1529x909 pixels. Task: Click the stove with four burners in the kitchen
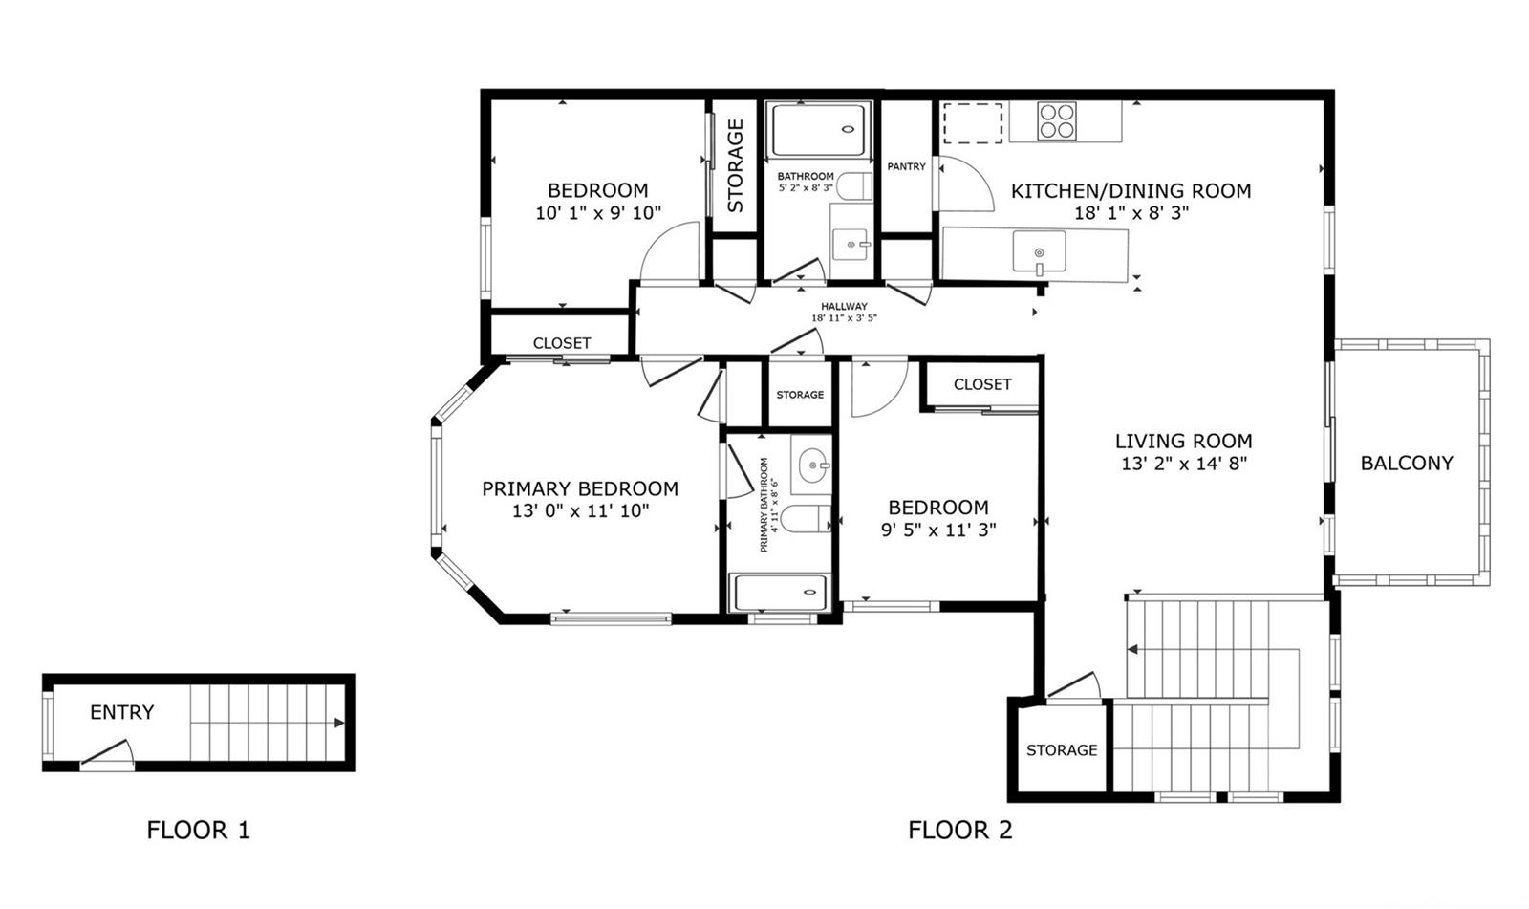1057,120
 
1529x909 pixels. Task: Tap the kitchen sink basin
1039,251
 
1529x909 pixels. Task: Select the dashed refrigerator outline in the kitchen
973,123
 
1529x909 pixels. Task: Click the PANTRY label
907,166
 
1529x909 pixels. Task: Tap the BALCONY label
1407,463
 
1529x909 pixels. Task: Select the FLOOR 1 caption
198,830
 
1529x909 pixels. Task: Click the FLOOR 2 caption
959,830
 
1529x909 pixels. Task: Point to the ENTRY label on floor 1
122,712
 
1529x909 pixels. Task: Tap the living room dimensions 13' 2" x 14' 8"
1184,464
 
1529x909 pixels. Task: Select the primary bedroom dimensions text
580,510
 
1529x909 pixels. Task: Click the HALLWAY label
844,306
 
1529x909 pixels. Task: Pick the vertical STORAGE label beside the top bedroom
735,166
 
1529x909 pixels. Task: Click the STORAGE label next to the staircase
1062,750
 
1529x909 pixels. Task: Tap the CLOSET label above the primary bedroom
562,343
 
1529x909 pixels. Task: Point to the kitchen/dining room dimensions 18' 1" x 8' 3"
1131,213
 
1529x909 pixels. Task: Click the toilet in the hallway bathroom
854,186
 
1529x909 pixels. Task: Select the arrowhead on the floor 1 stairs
339,723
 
